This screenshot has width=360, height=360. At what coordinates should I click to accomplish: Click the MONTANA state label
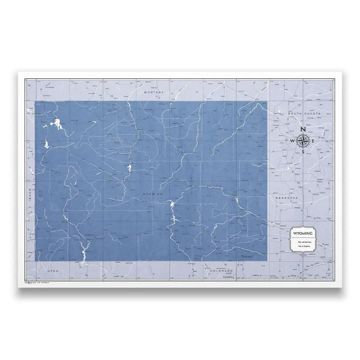(x=154, y=92)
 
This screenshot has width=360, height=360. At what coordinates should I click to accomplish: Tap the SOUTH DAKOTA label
(x=304, y=114)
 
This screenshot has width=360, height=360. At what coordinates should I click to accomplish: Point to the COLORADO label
(x=222, y=271)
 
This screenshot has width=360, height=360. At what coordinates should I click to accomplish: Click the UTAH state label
(x=52, y=271)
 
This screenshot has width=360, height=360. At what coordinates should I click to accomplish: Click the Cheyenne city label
(x=248, y=257)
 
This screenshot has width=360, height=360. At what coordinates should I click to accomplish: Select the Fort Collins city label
(x=229, y=277)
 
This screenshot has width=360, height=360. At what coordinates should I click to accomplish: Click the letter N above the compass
(x=303, y=129)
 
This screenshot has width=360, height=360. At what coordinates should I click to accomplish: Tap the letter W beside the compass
(x=293, y=141)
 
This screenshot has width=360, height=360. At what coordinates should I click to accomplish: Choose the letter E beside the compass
(x=313, y=141)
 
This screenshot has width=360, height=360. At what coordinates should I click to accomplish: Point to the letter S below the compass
(x=303, y=152)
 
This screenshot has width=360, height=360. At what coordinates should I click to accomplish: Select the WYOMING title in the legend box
(x=303, y=233)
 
